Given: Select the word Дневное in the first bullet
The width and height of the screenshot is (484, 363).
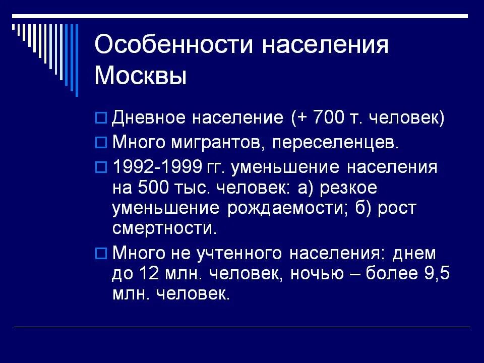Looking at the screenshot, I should (x=147, y=118).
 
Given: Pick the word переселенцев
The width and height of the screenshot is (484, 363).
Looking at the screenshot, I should (x=335, y=143).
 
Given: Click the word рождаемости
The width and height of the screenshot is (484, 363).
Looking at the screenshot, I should (x=286, y=208).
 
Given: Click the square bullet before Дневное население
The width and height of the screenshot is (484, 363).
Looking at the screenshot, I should (x=101, y=118).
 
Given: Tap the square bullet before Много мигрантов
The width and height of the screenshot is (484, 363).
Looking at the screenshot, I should (x=101, y=143).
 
